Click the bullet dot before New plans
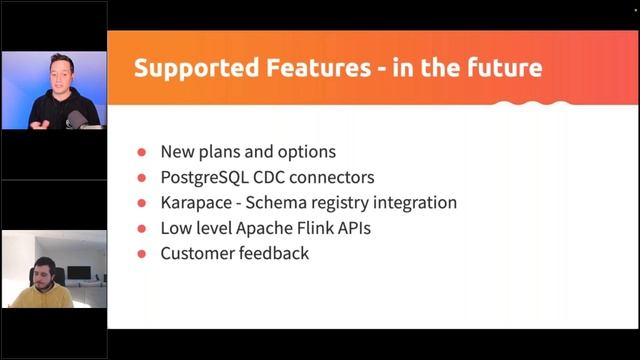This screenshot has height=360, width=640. [142, 153]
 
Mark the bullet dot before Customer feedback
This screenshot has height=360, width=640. [142, 254]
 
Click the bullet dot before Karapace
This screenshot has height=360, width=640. [142, 203]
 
